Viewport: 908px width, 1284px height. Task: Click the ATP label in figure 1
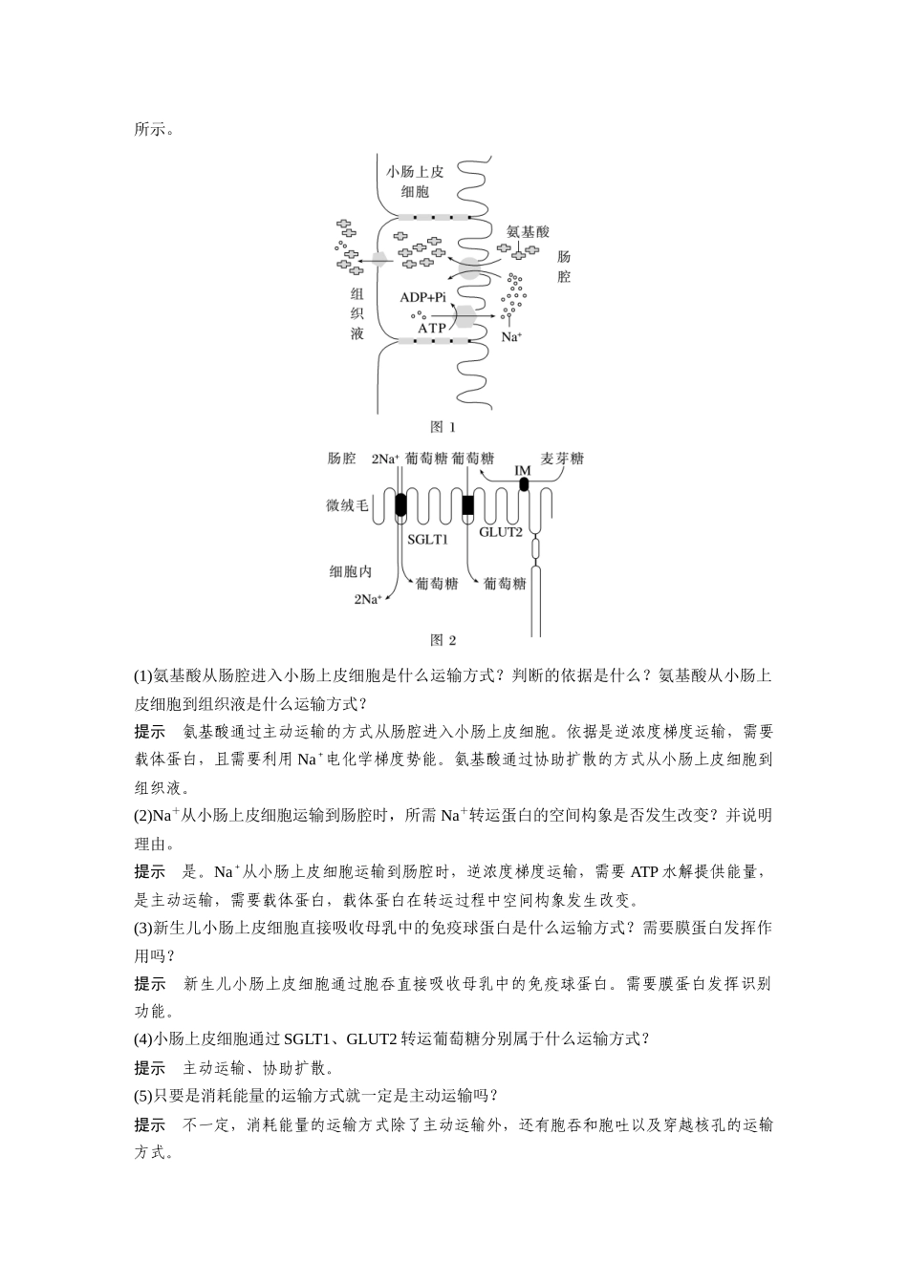(x=431, y=328)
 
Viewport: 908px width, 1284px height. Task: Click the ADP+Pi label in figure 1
(x=422, y=297)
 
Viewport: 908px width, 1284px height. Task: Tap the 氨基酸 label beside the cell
(x=528, y=231)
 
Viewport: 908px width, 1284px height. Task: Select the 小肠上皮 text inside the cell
(x=415, y=171)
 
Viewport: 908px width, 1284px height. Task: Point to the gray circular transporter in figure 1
(x=469, y=268)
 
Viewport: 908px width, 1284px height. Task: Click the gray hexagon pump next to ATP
(x=465, y=316)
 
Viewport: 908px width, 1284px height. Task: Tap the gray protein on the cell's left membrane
(x=378, y=260)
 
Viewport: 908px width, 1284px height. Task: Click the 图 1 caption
(x=443, y=426)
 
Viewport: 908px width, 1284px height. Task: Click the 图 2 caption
(x=443, y=640)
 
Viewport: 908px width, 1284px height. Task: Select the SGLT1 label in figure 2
(x=427, y=540)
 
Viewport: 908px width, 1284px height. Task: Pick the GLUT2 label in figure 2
(x=500, y=532)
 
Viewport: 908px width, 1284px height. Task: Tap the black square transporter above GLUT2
(x=468, y=505)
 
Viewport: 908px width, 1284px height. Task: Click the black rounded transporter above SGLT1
(x=400, y=504)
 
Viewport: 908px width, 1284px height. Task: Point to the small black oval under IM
(x=523, y=484)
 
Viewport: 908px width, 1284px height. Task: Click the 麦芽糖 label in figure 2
(x=562, y=459)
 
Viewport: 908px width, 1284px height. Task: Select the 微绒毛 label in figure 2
(x=347, y=505)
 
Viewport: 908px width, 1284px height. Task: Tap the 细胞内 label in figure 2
(x=351, y=571)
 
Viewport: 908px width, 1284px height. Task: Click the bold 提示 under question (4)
(x=150, y=1067)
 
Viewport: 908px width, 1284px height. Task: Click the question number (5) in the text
(x=142, y=1096)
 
